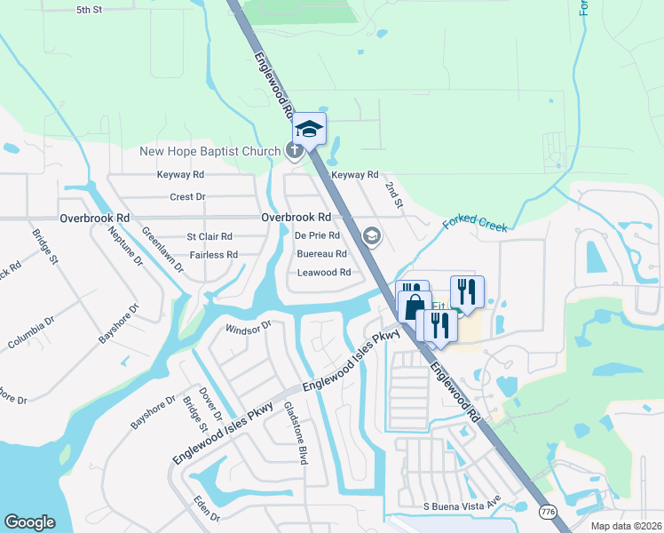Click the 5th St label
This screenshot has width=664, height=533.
90,10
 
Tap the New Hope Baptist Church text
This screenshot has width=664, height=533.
209,151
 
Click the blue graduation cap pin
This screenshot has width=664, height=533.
310,130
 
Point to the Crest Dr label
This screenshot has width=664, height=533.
187,196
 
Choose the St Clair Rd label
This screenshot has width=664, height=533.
209,236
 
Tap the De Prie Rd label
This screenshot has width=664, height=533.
317,235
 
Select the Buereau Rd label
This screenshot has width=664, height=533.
321,254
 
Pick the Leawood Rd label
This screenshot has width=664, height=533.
324,273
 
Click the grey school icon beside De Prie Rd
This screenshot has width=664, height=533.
371,235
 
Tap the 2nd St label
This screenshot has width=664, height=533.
393,195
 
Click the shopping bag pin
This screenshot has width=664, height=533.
415,306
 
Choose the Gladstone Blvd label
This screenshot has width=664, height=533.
296,433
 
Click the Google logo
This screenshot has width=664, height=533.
29,521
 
